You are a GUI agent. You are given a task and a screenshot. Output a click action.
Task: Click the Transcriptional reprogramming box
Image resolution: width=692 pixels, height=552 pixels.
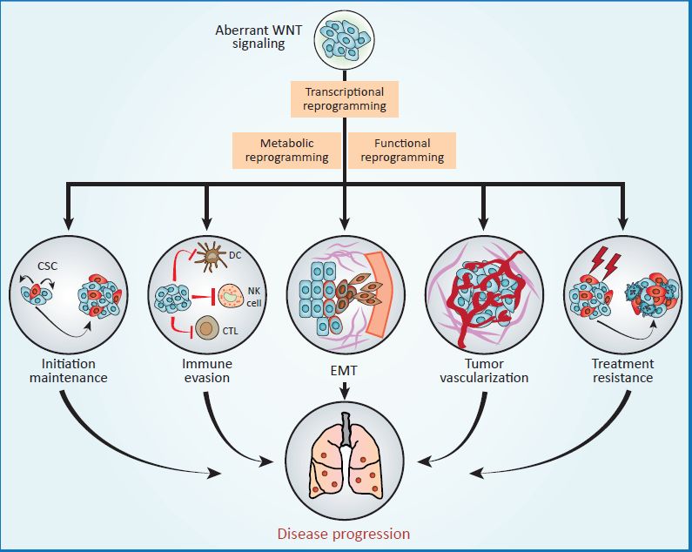(345, 99)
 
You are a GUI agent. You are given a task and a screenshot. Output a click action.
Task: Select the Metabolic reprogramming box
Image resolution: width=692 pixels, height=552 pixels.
(286, 151)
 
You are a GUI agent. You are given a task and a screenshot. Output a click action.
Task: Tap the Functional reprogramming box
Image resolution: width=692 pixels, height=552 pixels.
(402, 151)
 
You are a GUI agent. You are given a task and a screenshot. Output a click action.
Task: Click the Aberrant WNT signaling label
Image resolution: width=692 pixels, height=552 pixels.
(250, 37)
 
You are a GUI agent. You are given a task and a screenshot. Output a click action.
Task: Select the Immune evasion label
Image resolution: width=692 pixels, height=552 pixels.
(207, 371)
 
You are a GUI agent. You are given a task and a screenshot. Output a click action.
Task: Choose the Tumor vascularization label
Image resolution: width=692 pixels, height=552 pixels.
(485, 371)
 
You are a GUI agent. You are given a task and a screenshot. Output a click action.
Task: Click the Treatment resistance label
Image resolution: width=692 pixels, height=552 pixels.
(621, 371)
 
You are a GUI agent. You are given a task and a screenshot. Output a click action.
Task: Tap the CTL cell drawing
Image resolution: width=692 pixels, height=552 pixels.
(209, 329)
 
